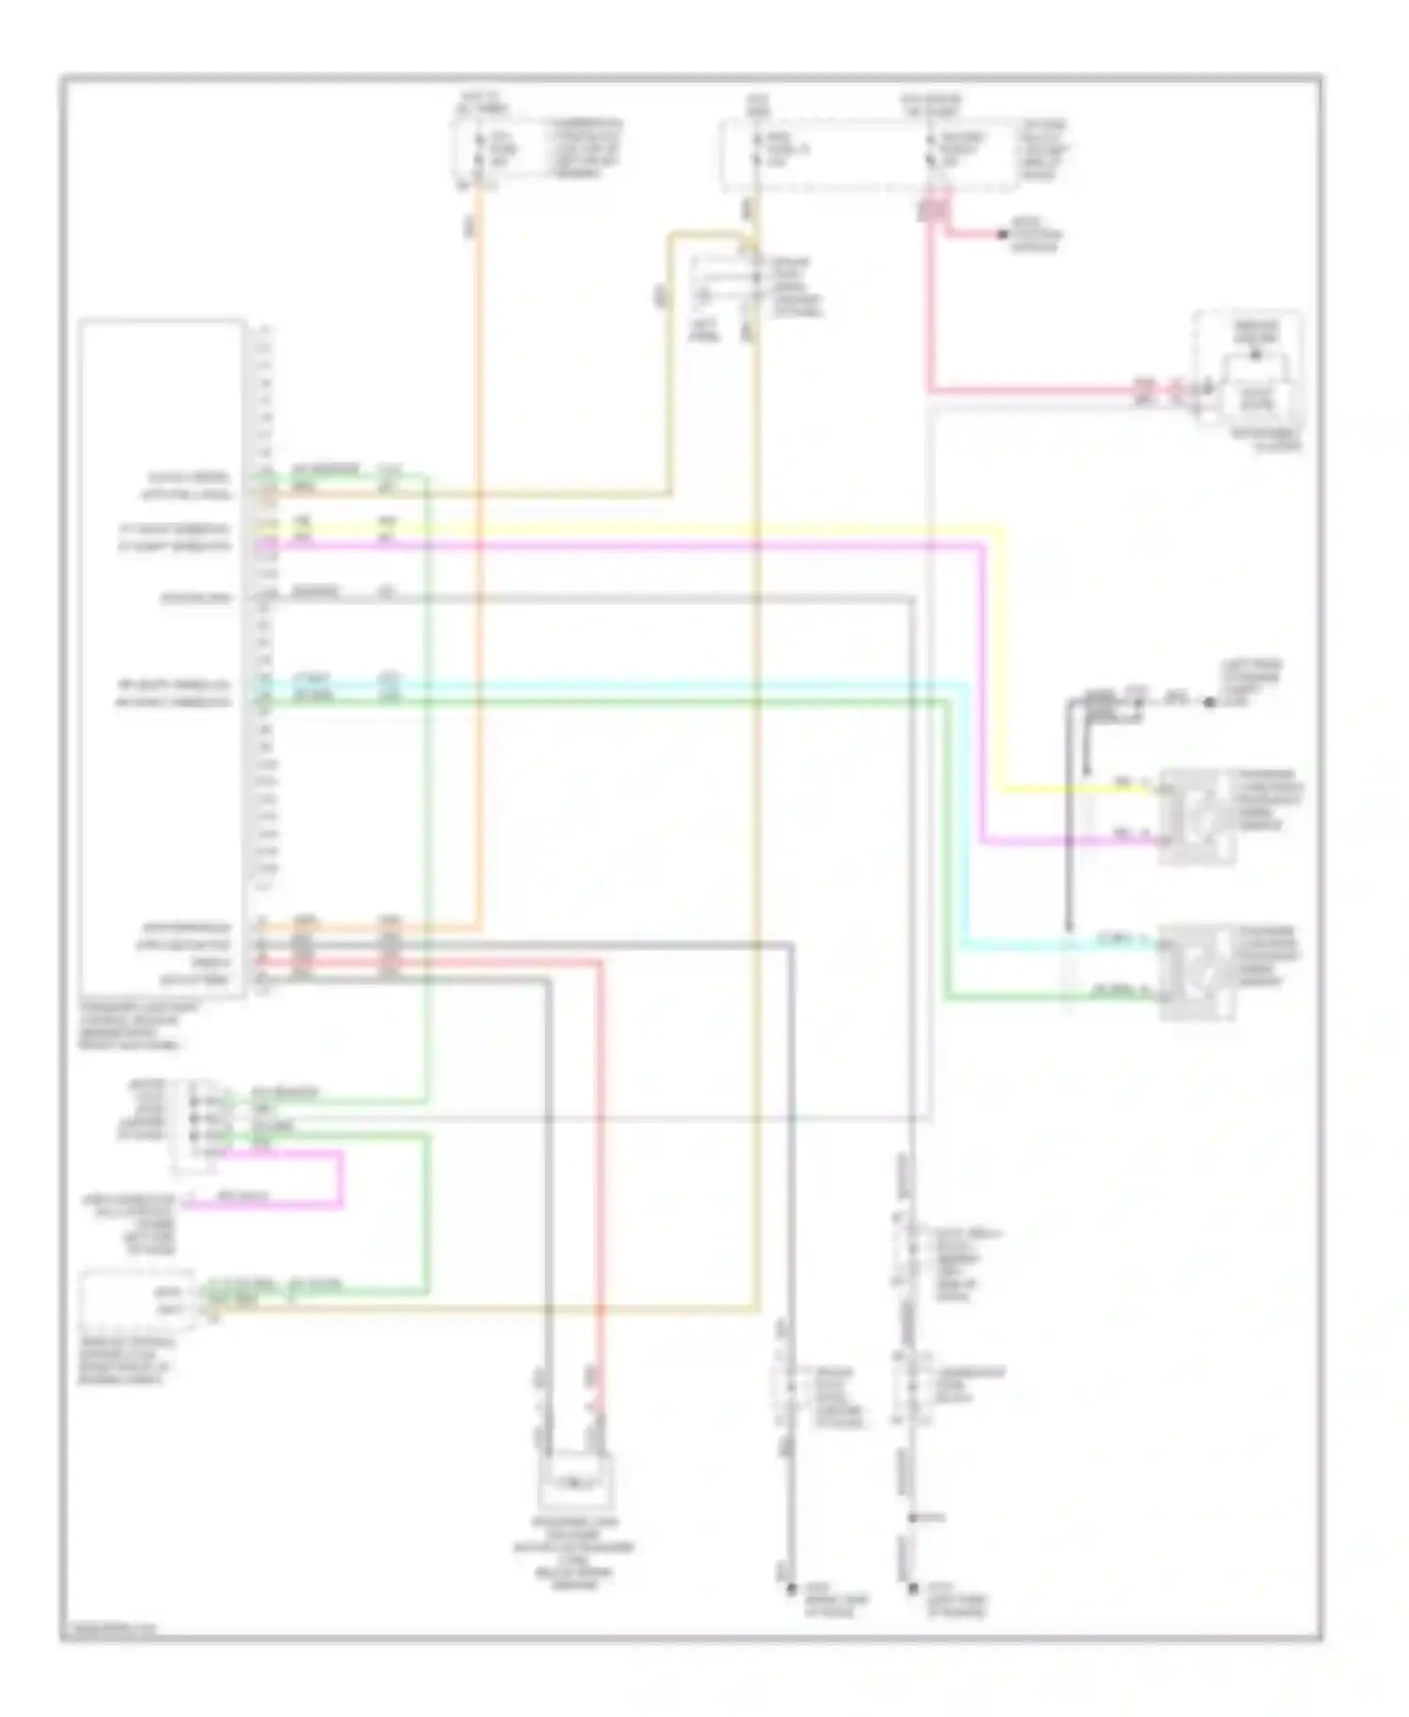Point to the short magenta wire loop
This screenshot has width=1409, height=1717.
click(x=340, y=1178)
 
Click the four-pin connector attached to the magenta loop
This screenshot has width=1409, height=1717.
click(x=193, y=1125)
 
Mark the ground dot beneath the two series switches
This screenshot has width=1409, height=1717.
click(x=912, y=1588)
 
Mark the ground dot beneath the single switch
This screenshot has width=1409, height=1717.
click(x=790, y=1588)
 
